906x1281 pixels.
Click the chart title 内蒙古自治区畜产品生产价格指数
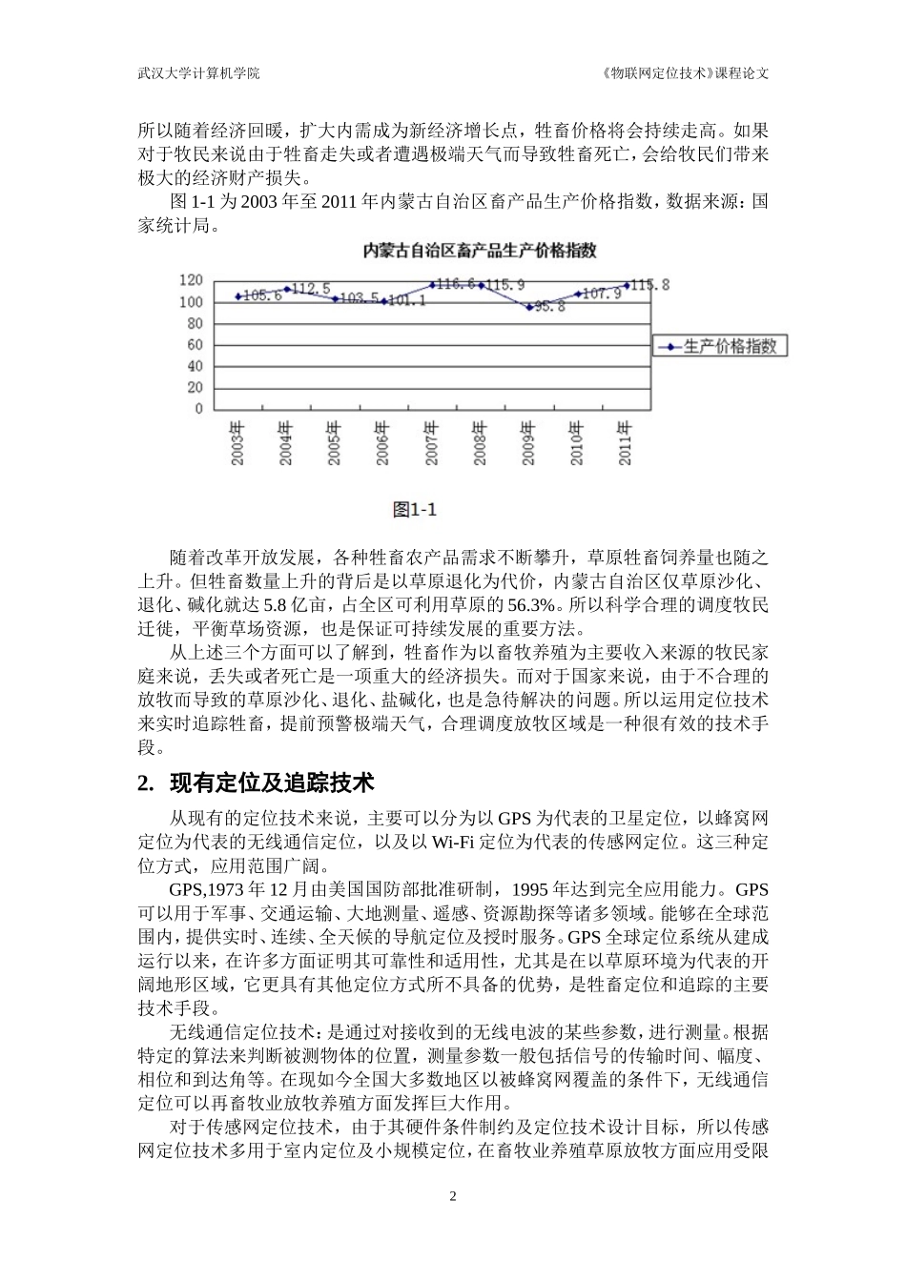tap(480, 252)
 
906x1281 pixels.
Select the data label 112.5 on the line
tap(312, 288)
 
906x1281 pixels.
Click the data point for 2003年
tap(238, 296)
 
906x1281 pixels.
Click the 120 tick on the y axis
tap(192, 280)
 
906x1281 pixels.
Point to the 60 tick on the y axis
tap(196, 345)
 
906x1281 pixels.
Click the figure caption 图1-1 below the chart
tap(415, 510)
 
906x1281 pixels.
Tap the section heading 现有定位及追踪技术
tap(272, 783)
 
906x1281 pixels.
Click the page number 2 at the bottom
tap(453, 1197)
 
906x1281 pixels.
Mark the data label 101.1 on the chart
tap(406, 301)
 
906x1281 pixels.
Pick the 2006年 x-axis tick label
tap(383, 443)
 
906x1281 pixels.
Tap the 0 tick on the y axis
tap(199, 409)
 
